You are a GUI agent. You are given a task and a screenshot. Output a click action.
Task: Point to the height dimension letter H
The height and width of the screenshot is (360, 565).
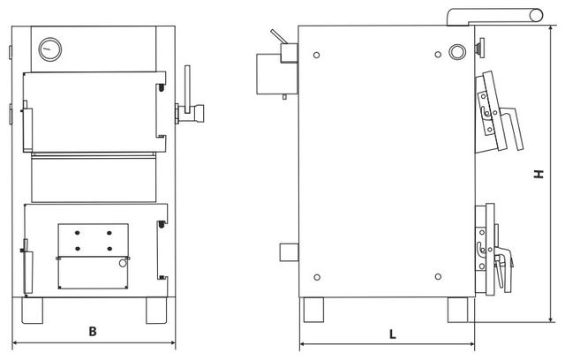point(539,176)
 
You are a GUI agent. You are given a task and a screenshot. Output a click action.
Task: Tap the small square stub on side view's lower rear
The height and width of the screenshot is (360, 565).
point(289,252)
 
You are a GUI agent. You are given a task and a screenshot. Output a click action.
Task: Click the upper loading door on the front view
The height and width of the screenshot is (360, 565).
point(92,109)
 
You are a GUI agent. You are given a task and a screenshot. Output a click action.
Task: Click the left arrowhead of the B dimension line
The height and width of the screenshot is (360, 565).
point(14,342)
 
